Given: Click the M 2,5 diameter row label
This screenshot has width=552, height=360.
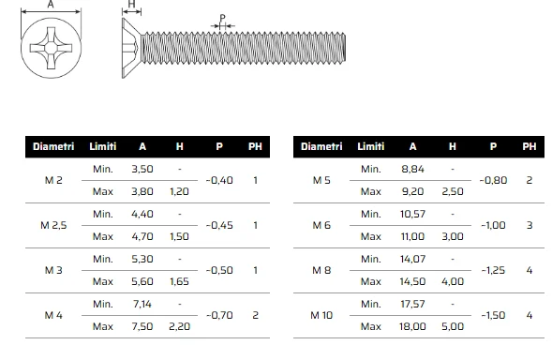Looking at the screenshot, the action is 53,225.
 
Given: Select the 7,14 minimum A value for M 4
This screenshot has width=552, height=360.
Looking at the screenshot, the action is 142,304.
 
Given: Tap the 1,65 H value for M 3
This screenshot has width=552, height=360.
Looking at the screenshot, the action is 179,281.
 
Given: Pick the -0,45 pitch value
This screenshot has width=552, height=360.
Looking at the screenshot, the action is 219,225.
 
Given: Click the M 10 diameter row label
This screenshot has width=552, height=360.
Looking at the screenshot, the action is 321,315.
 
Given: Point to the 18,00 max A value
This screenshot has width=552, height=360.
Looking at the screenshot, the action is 412,326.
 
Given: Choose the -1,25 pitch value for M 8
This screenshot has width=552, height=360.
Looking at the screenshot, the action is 493,270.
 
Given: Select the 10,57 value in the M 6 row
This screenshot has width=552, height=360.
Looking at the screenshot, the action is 412,214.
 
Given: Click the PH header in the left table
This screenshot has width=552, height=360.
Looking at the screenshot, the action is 255,146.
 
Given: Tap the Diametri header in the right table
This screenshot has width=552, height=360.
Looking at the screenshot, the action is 321,146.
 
